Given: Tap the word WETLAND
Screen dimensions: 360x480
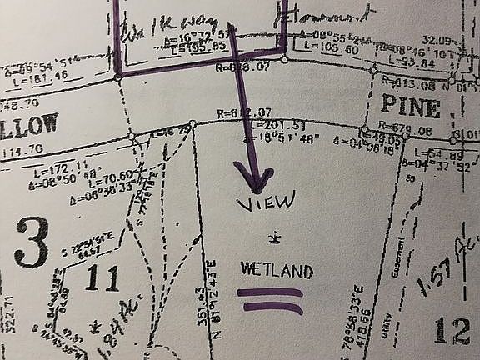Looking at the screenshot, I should point(265,271).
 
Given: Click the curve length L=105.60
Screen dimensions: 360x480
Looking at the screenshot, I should point(339,48).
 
